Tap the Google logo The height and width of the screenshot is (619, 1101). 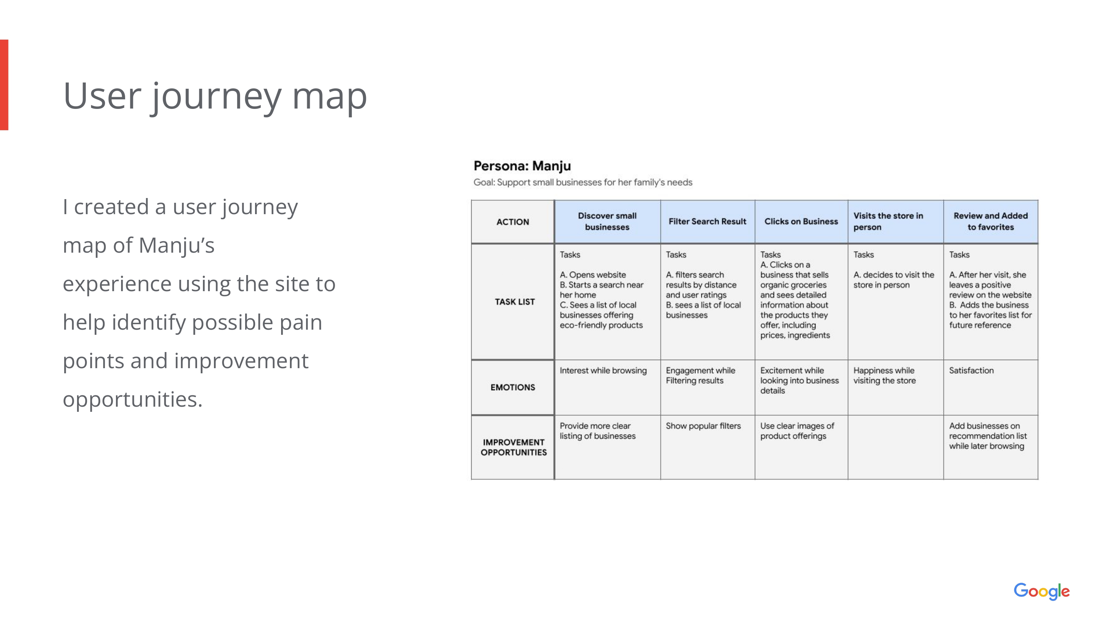1042,591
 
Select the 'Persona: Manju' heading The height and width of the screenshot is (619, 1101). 522,166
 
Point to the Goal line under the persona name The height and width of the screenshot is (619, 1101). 582,182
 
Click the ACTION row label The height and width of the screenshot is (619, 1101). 512,222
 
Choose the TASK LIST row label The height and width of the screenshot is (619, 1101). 515,301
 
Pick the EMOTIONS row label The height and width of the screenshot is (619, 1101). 512,387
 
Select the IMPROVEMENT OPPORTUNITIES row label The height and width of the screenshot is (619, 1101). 513,447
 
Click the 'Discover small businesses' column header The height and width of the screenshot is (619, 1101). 607,221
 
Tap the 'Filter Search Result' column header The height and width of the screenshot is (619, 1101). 707,221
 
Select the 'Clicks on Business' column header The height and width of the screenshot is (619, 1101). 801,221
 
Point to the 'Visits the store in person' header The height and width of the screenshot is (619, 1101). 888,221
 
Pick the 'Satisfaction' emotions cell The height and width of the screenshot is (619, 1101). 971,370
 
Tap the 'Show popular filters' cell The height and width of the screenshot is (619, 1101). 703,426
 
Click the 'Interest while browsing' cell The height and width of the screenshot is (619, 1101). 603,370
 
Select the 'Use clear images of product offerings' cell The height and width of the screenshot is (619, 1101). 797,431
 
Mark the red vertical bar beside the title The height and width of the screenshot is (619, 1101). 4,85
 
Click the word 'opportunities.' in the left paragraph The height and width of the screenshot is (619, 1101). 132,400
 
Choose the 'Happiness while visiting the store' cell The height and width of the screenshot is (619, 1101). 884,376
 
